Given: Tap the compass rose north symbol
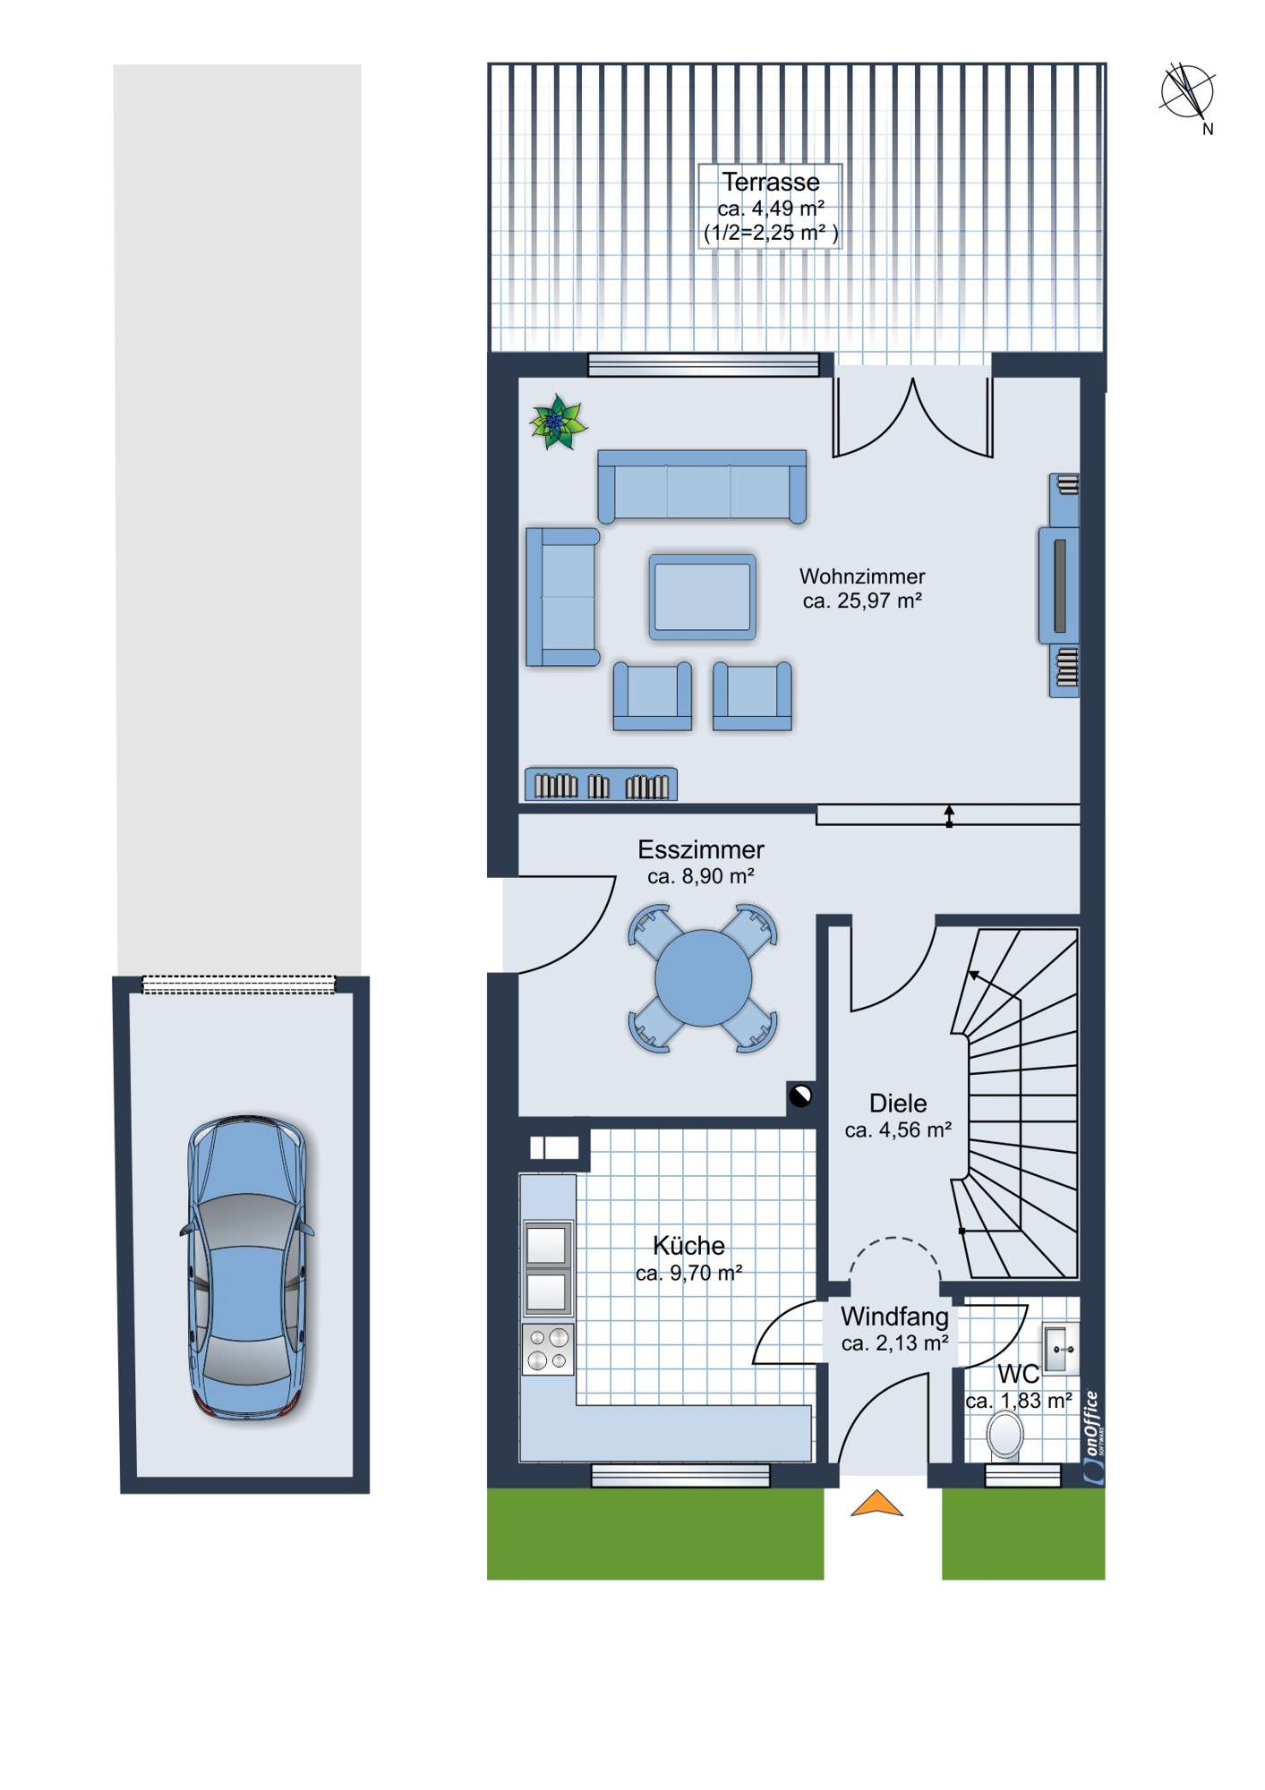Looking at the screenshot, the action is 1188,93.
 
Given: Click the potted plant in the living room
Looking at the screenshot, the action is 558,422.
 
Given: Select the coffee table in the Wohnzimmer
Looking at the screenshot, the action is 703,597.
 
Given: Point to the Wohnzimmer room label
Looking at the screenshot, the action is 862,588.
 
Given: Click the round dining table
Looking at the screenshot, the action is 703,977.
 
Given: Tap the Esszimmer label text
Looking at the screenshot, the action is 701,861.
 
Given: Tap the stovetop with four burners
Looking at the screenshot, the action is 548,1350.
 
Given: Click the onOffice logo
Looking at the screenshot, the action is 1093,1436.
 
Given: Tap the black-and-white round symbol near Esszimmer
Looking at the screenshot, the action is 800,1095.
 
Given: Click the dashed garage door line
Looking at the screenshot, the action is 239,984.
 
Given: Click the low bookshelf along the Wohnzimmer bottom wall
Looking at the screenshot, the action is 601,784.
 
